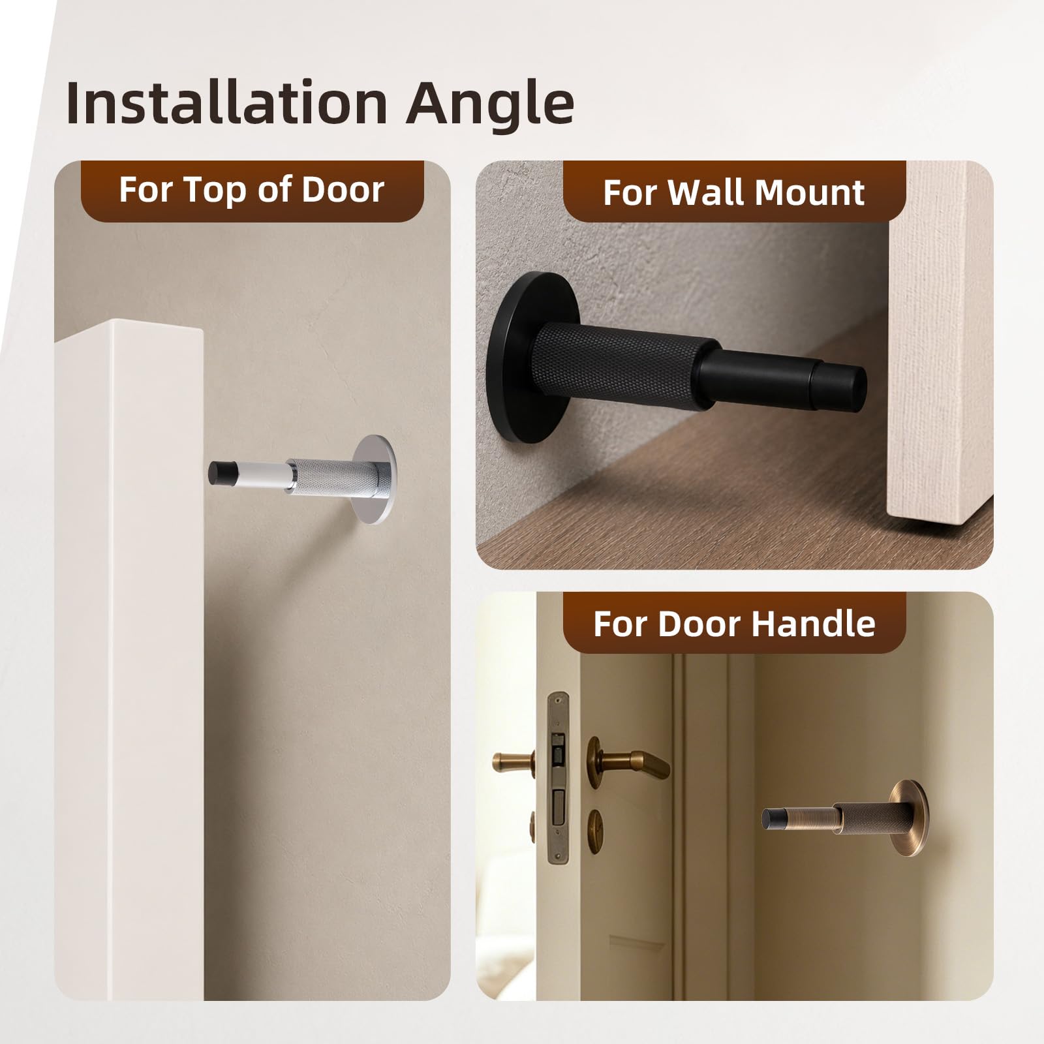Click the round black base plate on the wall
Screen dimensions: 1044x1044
coord(522,358)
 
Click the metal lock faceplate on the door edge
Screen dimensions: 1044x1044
coord(558,778)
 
